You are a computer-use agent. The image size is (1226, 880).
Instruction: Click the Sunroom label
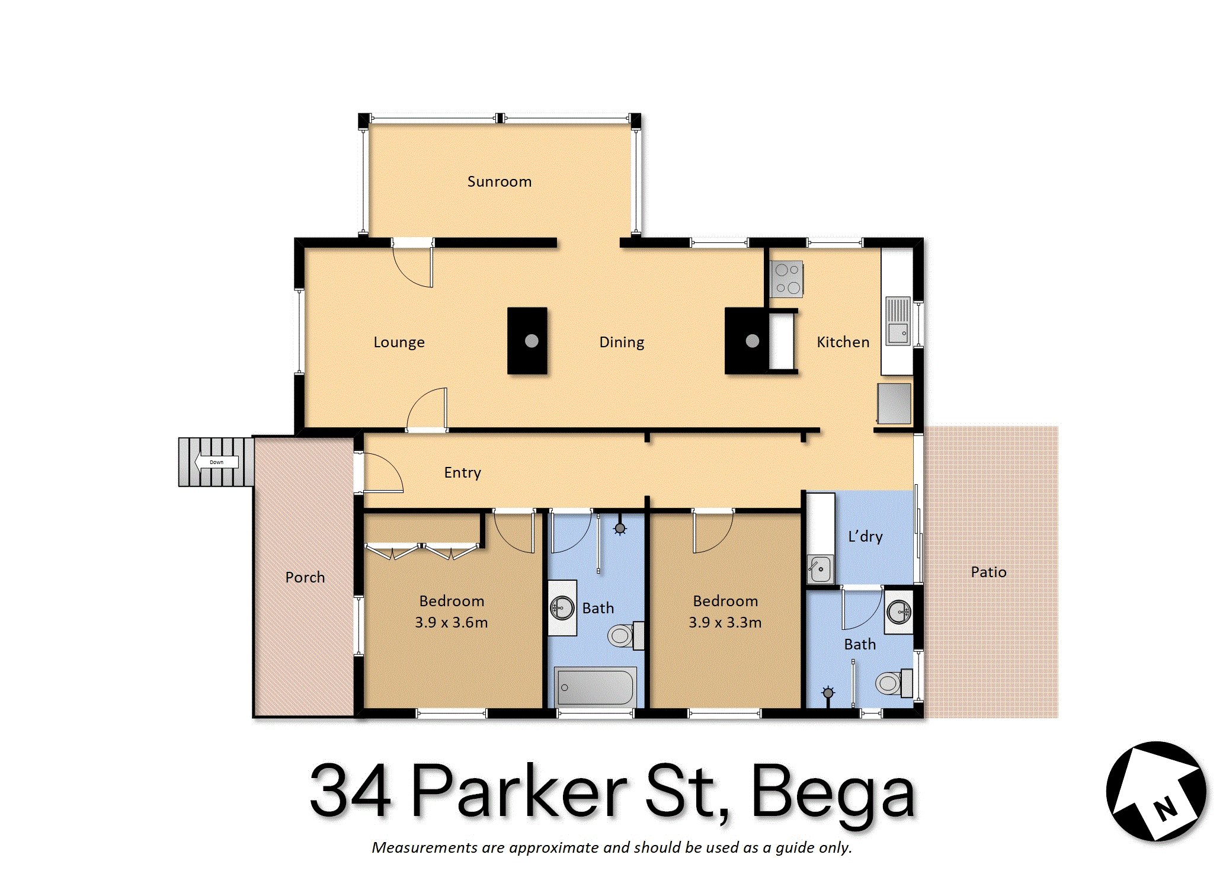[x=500, y=181]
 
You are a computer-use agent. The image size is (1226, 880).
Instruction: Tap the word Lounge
[x=399, y=343]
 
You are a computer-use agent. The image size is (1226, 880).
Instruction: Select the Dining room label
[x=622, y=343]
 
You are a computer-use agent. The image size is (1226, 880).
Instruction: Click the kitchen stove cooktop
[x=786, y=279]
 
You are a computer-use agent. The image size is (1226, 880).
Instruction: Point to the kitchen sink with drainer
[x=898, y=321]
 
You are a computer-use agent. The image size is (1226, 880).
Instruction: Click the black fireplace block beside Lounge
[x=527, y=341]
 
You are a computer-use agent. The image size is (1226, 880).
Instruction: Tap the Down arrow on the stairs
[x=216, y=462]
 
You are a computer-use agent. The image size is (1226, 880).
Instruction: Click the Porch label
[x=305, y=577]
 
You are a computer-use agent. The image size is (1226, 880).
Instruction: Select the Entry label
[x=463, y=473]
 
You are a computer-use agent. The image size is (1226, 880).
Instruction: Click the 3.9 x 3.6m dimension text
[x=452, y=622]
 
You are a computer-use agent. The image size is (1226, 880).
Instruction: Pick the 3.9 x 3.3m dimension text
[x=725, y=622]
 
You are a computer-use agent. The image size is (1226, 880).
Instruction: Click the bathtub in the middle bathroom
[x=596, y=687]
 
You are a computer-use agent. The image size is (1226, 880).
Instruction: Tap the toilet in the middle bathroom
[x=626, y=636]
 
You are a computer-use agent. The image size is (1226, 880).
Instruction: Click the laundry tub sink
[x=820, y=569]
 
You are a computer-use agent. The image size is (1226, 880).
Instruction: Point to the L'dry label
[x=866, y=536]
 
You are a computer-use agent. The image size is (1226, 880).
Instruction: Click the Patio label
[x=988, y=572]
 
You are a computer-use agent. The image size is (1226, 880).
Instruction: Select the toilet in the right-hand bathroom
[x=894, y=683]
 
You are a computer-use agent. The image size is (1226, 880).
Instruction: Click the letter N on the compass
[x=1165, y=809]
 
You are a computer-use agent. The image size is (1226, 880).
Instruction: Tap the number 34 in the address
[x=351, y=791]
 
